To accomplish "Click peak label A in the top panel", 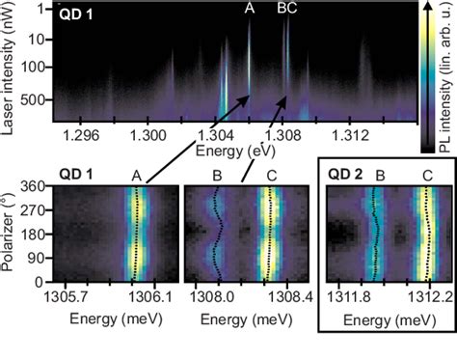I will coord(249,9).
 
